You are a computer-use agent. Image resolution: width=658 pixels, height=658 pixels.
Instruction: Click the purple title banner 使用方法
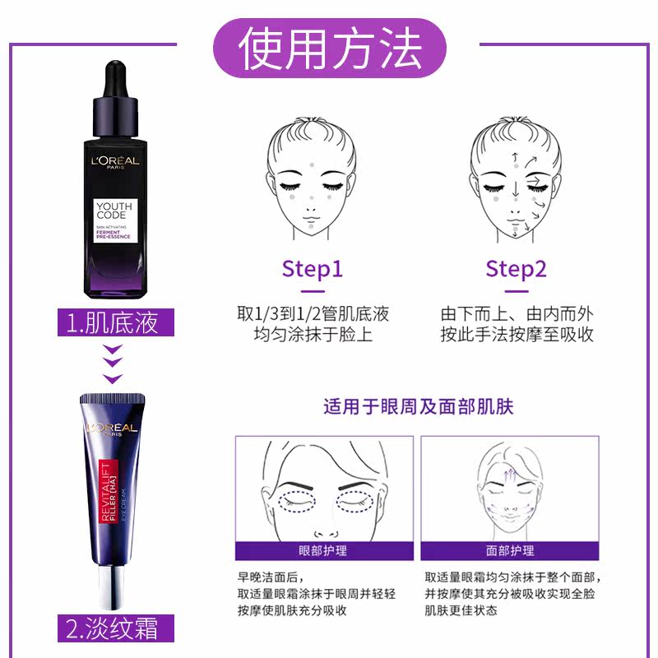click(x=329, y=49)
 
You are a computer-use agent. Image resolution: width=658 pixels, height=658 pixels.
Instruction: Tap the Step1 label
click(x=312, y=269)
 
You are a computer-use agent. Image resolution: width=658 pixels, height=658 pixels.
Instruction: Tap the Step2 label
click(x=516, y=269)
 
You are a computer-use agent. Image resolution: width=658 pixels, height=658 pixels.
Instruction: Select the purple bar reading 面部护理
click(x=510, y=550)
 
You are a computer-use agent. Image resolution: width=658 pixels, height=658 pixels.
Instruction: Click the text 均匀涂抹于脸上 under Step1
click(x=312, y=335)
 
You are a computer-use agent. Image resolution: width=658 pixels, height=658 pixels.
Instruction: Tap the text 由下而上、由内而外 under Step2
click(x=517, y=313)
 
